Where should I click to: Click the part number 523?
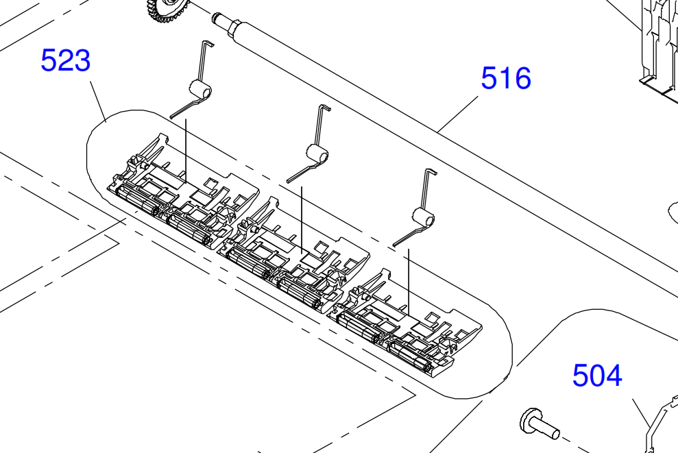tap(66, 60)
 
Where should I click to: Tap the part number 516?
tap(506, 78)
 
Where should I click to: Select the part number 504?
tap(598, 375)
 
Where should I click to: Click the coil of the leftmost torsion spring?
tap(200, 90)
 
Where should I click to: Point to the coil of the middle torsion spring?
tap(317, 154)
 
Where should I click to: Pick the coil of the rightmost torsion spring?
tap(423, 217)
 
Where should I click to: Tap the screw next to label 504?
tap(540, 424)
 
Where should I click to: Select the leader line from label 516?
tap(457, 114)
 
